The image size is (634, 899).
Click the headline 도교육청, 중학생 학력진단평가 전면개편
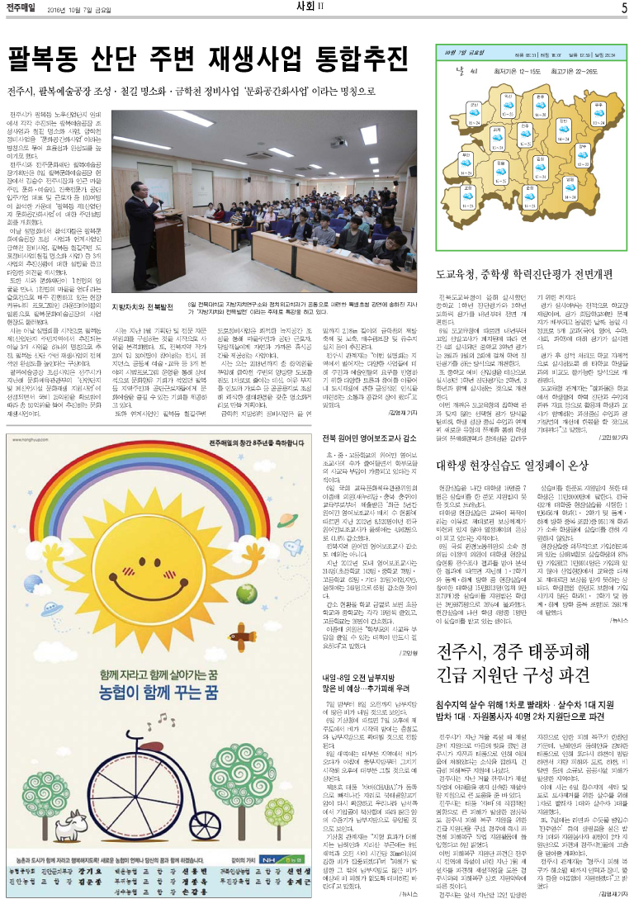click(x=526, y=272)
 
